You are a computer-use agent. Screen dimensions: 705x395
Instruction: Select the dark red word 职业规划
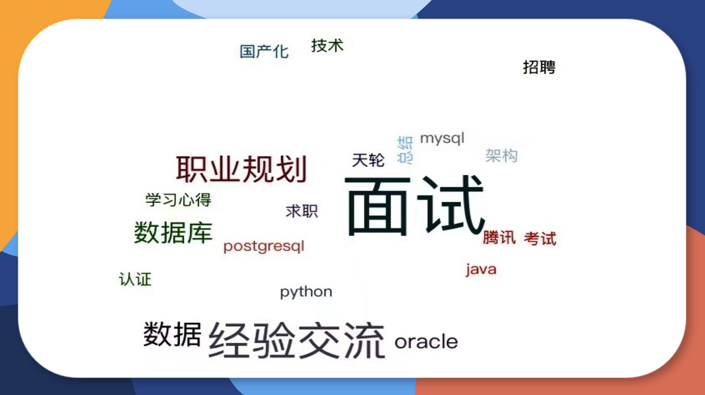tap(241, 169)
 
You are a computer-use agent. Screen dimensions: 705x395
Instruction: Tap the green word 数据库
tap(173, 232)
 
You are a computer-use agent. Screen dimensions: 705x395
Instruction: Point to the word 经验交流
tap(297, 340)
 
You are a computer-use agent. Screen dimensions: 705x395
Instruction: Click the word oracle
tap(426, 342)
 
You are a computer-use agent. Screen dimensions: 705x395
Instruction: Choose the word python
tap(306, 292)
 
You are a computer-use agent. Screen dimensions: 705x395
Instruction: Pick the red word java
tap(481, 269)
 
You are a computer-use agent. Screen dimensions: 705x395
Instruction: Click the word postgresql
tap(264, 246)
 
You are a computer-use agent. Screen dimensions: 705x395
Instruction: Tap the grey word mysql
tap(442, 138)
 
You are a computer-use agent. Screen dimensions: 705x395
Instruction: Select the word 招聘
tap(539, 67)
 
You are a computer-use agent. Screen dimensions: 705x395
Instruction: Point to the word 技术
tap(327, 46)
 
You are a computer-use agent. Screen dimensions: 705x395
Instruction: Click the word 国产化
tap(264, 52)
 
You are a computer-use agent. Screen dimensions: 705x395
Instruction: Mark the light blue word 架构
tap(501, 156)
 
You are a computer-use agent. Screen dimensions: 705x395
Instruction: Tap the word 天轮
tap(368, 160)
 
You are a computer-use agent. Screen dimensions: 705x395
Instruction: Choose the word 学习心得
tap(178, 200)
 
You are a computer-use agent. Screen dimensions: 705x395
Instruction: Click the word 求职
tap(302, 211)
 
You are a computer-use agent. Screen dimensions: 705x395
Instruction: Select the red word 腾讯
tap(499, 238)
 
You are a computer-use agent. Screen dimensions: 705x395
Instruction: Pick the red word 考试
tap(540, 239)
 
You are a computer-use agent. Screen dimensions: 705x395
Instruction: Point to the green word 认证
tap(135, 280)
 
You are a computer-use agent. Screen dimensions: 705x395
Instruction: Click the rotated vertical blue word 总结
tap(405, 150)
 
